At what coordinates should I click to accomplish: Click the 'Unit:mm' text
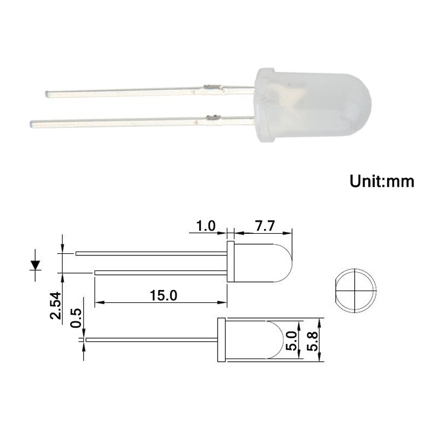click(x=382, y=181)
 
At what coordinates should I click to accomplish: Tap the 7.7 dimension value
click(x=265, y=226)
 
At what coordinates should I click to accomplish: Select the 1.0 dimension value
click(x=206, y=226)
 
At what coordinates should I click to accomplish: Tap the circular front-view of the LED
click(x=354, y=290)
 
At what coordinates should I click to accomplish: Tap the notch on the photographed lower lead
click(x=212, y=116)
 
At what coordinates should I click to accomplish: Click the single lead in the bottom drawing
click(x=151, y=340)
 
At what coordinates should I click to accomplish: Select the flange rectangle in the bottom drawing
click(x=220, y=340)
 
